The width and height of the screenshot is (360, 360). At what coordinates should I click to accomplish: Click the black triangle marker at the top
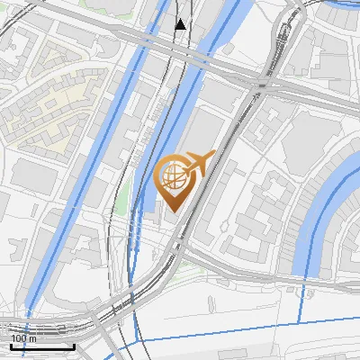coord(181,23)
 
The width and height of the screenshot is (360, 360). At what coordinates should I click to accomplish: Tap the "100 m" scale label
coord(24,338)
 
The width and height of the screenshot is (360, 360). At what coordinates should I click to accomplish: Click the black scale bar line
coord(42,346)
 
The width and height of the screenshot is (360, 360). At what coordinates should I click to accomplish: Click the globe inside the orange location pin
coord(173,176)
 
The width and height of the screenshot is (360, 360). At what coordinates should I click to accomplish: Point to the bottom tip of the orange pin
coord(173,212)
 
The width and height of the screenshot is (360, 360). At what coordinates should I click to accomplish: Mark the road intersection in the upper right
coord(262,86)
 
